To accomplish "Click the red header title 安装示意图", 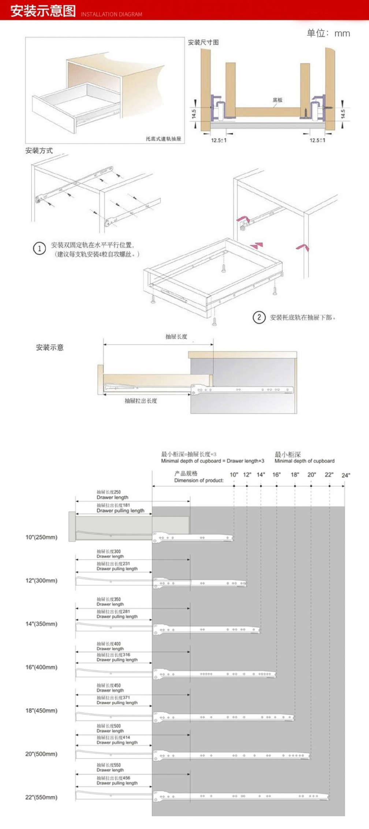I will [43, 11].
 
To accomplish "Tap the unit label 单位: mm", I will [328, 33].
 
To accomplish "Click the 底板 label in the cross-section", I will [277, 100].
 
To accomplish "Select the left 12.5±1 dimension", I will [219, 140].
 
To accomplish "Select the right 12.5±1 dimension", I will [317, 140].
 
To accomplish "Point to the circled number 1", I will [39, 249].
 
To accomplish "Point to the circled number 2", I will [259, 317].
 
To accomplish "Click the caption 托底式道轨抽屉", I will [163, 139].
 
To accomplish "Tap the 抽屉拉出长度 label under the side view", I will [141, 401].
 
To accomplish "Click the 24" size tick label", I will [346, 475].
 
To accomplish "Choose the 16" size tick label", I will [276, 475].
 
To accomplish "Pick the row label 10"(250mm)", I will [41, 537].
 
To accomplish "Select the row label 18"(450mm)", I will [41, 711].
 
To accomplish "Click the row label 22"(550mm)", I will [41, 797].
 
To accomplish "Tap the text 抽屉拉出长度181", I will [113, 505].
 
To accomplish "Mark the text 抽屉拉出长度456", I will [113, 778].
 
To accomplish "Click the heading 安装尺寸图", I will [203, 42].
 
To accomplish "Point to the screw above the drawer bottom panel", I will [224, 268].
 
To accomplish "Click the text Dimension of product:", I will [199, 481].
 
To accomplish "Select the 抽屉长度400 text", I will [108, 644].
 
